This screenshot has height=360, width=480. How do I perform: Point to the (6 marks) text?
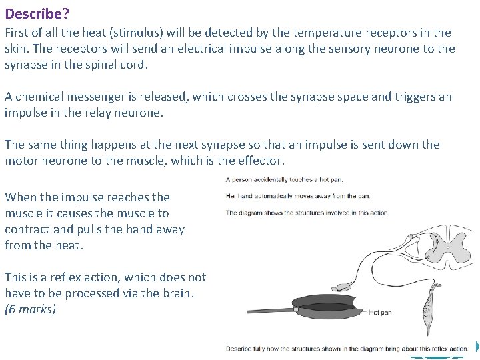30,309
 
